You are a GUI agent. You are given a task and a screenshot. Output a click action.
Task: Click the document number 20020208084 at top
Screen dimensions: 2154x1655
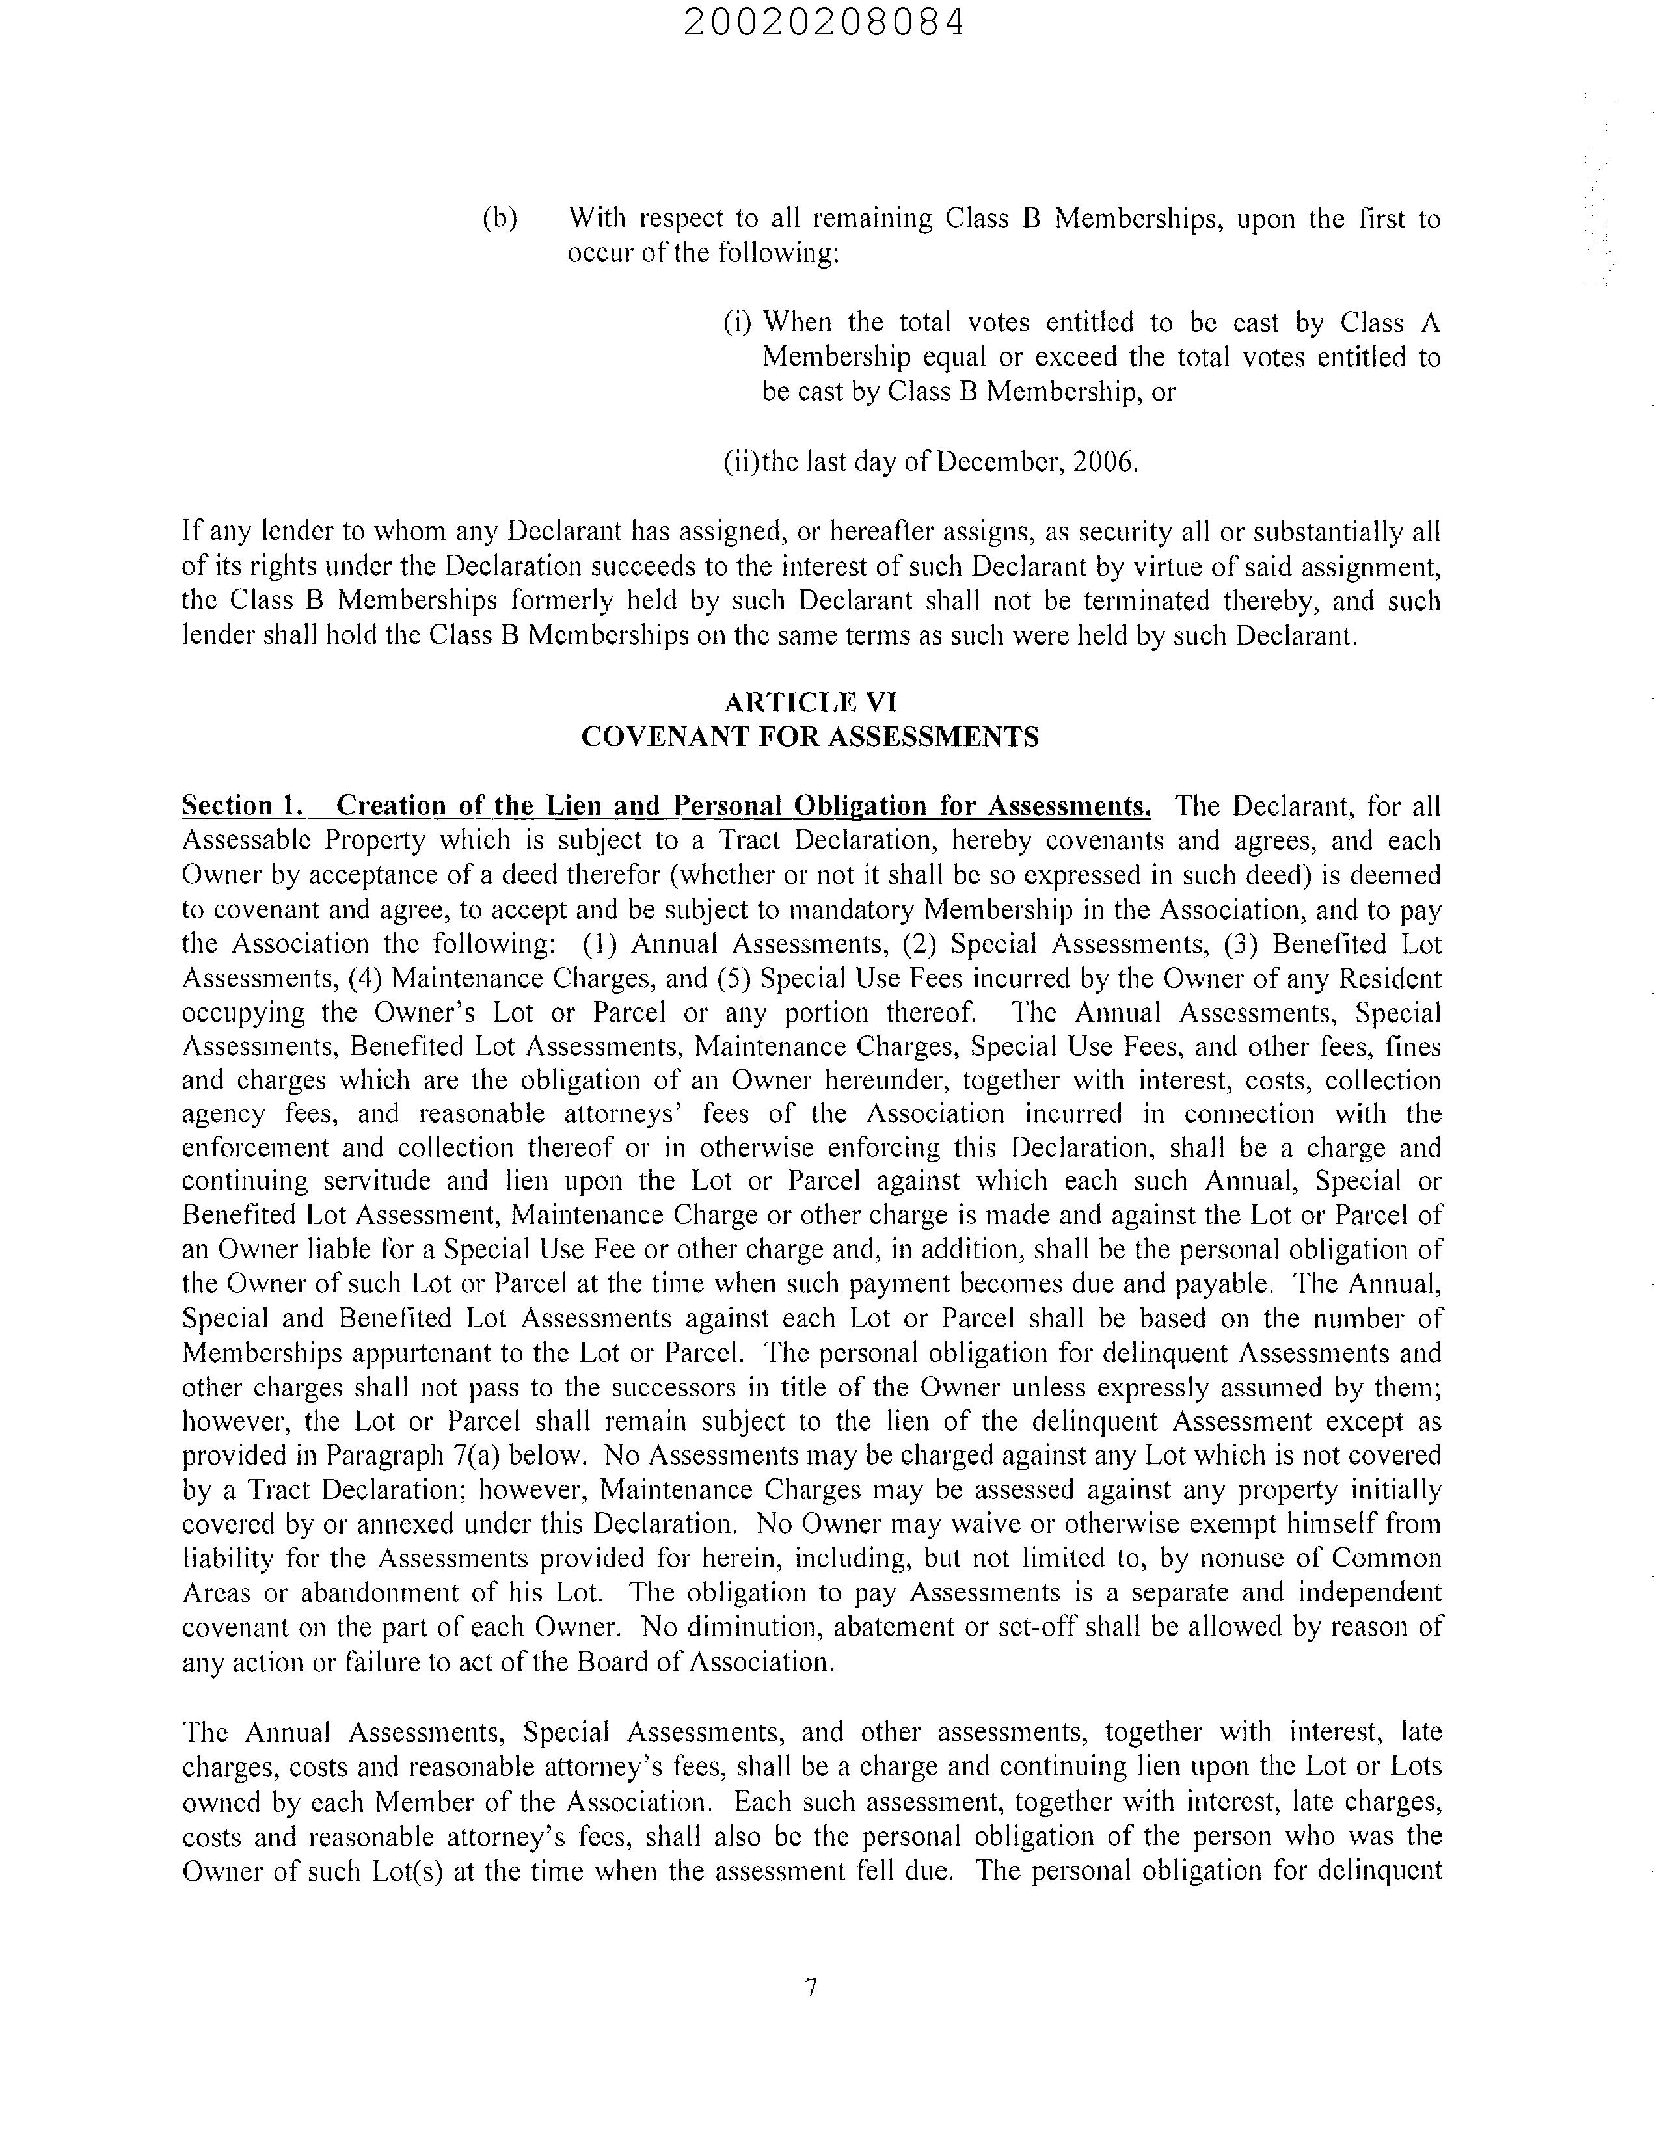[824, 23]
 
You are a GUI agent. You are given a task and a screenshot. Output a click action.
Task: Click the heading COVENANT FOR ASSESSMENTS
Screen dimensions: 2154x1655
[810, 737]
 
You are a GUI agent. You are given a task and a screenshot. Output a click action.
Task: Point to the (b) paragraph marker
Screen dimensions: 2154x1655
[500, 219]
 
